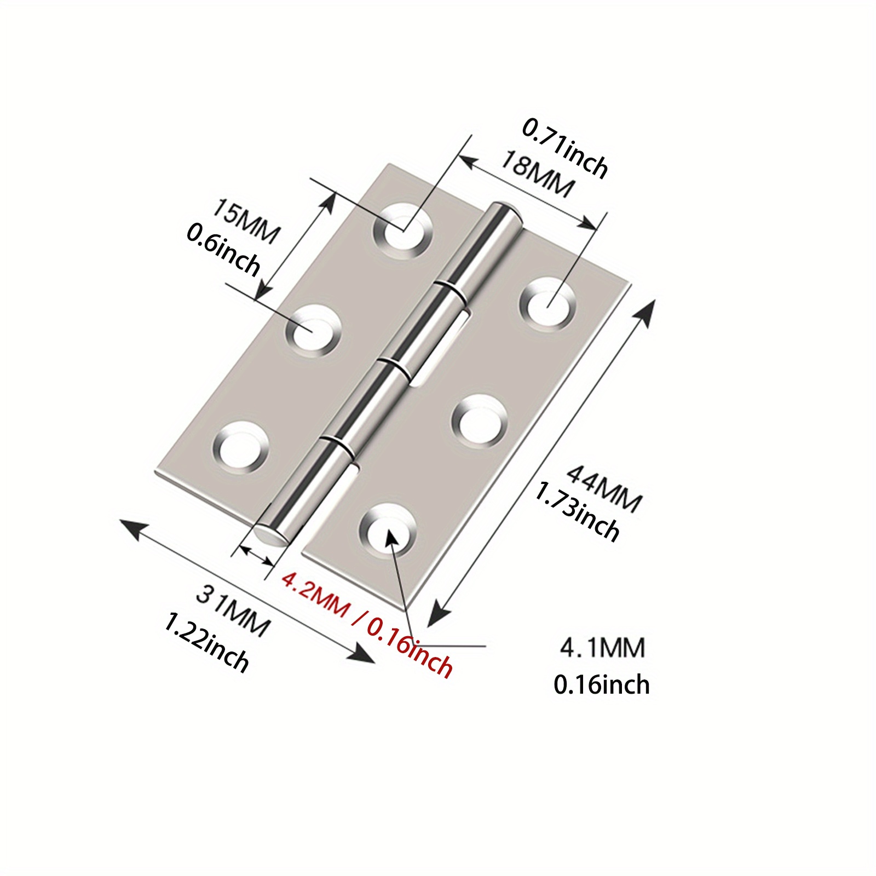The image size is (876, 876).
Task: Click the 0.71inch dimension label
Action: (565, 148)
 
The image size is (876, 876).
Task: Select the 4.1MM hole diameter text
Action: (602, 648)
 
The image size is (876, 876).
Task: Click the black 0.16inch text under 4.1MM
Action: (601, 685)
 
